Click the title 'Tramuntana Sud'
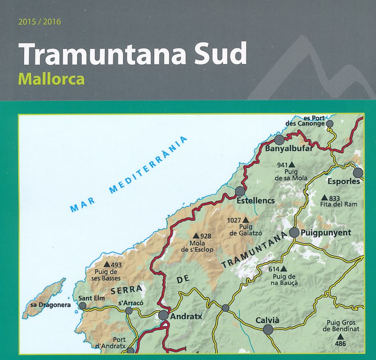pyautogui.click(x=133, y=54)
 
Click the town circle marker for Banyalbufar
pyautogui.click(x=280, y=140)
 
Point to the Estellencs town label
pyautogui.click(x=256, y=201)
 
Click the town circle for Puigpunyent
pyautogui.click(x=294, y=233)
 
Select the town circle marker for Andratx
pyautogui.click(x=163, y=316)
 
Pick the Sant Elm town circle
pyautogui.click(x=83, y=305)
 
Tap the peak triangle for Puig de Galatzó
pyautogui.click(x=245, y=220)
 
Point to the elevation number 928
pyautogui.click(x=205, y=236)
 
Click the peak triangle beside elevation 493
pyautogui.click(x=106, y=264)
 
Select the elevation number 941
pyautogui.click(x=282, y=165)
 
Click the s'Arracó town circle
pyautogui.click(x=129, y=311)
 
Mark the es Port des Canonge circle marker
pyautogui.click(x=330, y=124)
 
